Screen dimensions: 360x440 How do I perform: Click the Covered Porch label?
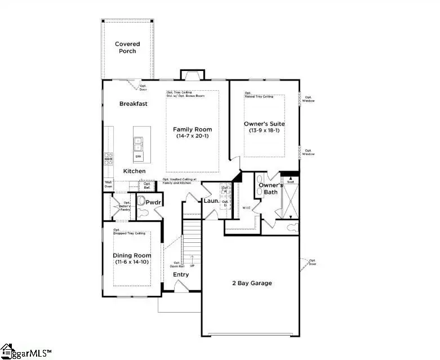tap(127, 48)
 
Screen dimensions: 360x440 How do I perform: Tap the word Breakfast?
tap(134, 104)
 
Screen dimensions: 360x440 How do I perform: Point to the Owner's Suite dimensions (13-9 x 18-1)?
tap(264, 131)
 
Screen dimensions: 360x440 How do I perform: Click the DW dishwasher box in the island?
tap(139, 156)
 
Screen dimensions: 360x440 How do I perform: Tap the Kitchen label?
tap(134, 171)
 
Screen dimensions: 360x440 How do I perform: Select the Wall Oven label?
tap(108, 184)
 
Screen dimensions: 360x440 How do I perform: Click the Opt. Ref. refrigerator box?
tap(147, 185)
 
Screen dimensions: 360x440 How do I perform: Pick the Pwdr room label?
tap(154, 202)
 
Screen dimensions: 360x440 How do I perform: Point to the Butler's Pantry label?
tap(127, 206)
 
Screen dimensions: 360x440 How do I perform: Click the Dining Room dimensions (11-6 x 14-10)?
tap(131, 262)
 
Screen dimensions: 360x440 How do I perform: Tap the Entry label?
tap(181, 274)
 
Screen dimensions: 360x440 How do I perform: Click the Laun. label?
tap(211, 200)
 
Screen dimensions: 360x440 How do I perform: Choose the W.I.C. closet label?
tap(246, 207)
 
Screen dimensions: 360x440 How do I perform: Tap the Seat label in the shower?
tap(291, 181)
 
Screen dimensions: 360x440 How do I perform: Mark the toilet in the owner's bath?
tap(292, 228)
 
